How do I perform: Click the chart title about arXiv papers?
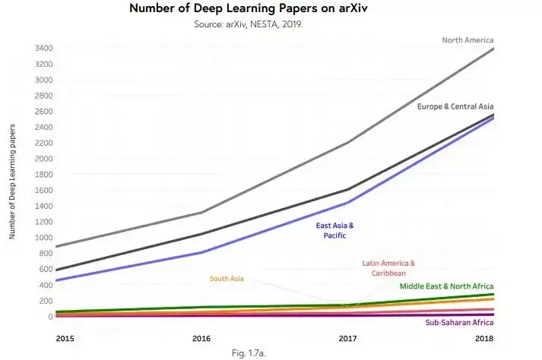click(x=248, y=8)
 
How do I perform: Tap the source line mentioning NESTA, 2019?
click(x=248, y=24)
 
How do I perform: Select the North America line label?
click(x=468, y=40)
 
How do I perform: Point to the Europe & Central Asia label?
click(x=455, y=106)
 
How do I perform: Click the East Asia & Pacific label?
click(x=334, y=230)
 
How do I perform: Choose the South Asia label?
click(x=227, y=279)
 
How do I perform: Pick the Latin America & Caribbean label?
click(x=388, y=268)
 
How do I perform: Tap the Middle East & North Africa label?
click(x=446, y=286)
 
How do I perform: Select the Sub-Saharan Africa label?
click(x=459, y=322)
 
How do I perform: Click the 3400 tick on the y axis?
click(x=44, y=48)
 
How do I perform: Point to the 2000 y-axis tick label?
click(x=44, y=159)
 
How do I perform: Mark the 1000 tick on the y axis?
click(x=44, y=238)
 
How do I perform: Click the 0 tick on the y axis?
click(x=50, y=317)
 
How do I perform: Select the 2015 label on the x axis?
click(x=65, y=338)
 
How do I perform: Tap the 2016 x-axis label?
click(x=201, y=338)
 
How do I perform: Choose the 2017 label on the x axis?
click(x=347, y=338)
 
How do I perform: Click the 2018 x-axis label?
click(x=484, y=338)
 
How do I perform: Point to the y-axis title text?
click(x=12, y=182)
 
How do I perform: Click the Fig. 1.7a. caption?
click(x=249, y=353)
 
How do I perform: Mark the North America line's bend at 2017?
click(x=347, y=142)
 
